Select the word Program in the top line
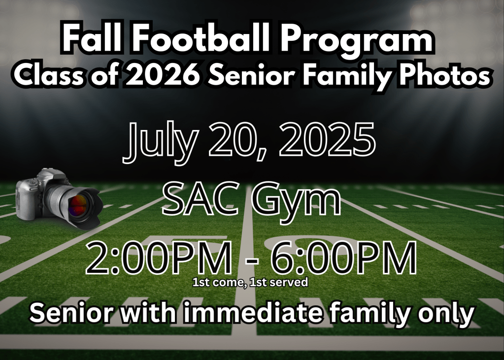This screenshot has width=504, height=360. click(357, 42)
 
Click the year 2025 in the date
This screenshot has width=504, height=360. click(327, 140)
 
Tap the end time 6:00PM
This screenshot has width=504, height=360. click(343, 258)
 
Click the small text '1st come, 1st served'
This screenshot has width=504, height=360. click(250, 282)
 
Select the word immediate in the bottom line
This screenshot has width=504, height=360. click(252, 312)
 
